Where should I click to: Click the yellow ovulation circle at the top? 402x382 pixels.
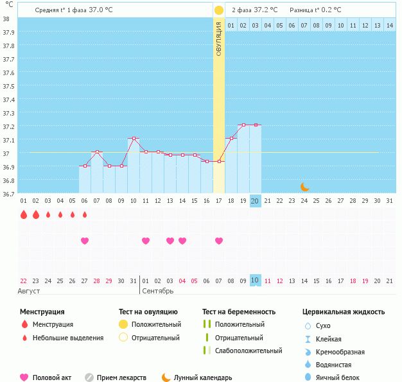219,10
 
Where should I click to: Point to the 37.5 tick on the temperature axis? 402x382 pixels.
5,86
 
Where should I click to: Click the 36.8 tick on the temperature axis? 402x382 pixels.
5,180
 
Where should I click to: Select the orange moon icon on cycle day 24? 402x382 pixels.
305,187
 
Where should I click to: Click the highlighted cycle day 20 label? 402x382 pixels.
255,201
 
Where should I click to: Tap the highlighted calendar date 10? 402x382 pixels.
255,281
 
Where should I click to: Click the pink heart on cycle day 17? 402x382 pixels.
219,241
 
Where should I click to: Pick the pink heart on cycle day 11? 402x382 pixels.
146,241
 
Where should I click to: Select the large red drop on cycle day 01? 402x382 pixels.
24,214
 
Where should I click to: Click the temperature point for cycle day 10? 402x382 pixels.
134,138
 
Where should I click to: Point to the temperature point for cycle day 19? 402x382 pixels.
243,125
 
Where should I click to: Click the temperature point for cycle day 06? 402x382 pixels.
85,166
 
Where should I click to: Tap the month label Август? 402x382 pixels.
30,291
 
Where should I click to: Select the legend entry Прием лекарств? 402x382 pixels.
121,378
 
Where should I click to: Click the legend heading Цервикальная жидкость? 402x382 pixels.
344,311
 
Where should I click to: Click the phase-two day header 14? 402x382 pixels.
389,25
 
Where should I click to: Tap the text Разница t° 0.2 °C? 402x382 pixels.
315,10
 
